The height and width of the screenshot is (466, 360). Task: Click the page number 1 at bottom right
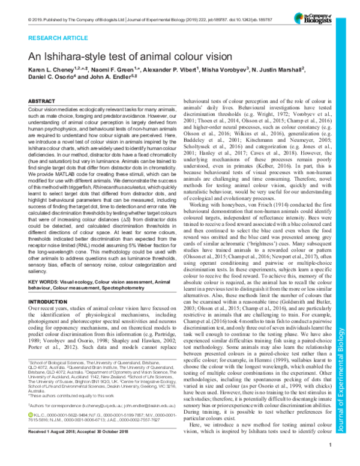point(331,461)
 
